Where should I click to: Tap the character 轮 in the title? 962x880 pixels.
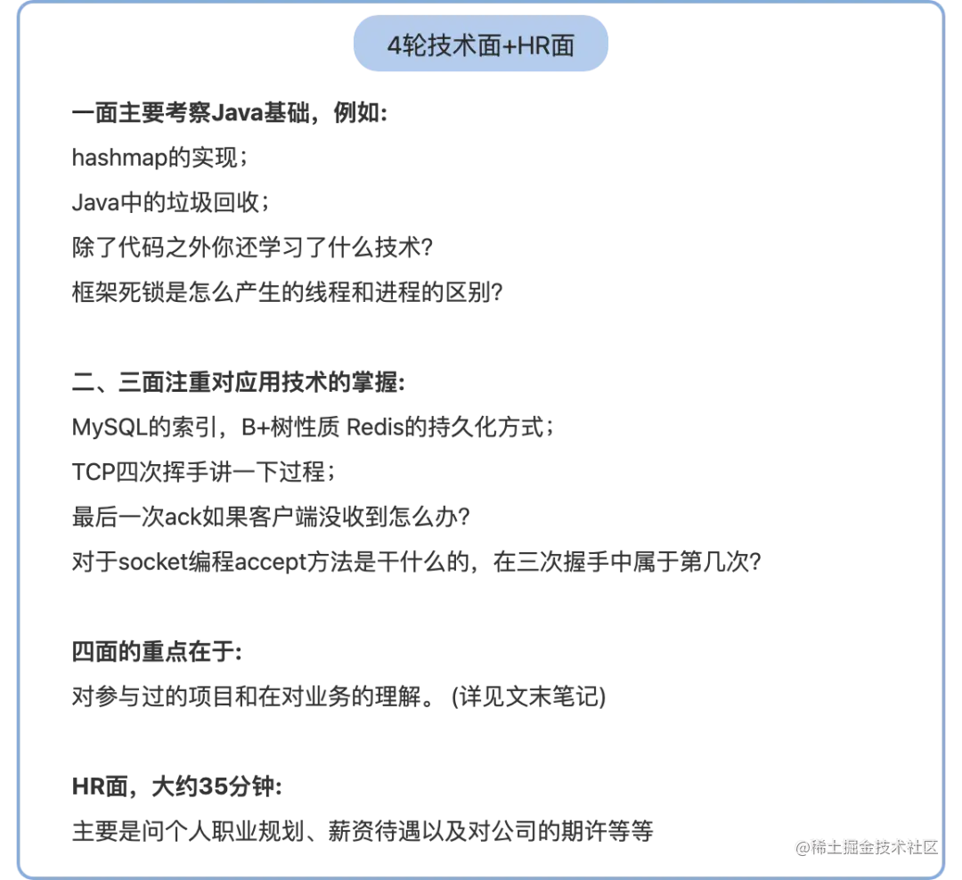tap(413, 46)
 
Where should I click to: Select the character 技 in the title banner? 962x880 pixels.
tap(438, 46)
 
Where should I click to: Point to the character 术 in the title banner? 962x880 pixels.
tap(463, 46)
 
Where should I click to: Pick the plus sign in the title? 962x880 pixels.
tap(509, 46)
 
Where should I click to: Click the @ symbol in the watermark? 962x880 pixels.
tap(801, 845)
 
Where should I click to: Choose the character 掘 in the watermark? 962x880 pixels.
tap(851, 845)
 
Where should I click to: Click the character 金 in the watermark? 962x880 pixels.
tap(868, 845)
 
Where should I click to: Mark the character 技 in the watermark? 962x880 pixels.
tap(885, 845)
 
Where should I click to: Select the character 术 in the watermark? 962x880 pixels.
tap(902, 845)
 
